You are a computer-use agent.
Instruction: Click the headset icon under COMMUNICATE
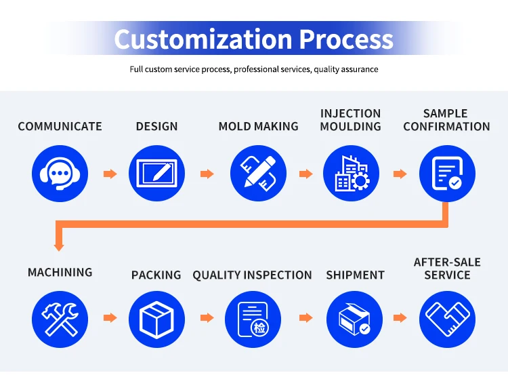pyautogui.click(x=60, y=174)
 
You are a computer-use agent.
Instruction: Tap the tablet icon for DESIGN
pyautogui.click(x=156, y=174)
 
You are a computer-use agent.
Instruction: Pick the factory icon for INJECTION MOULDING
pyautogui.click(x=351, y=174)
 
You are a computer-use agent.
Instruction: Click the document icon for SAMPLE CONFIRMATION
pyautogui.click(x=447, y=174)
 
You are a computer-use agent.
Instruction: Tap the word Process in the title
pyautogui.click(x=346, y=39)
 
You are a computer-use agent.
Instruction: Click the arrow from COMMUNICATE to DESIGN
pyautogui.click(x=110, y=174)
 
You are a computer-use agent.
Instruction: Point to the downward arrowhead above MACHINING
pyautogui.click(x=60, y=243)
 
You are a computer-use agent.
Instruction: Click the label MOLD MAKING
pyautogui.click(x=258, y=127)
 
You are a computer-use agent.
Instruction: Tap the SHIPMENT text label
pyautogui.click(x=355, y=275)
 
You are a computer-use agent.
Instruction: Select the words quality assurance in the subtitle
pyautogui.click(x=345, y=69)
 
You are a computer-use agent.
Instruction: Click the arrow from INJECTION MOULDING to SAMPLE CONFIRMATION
pyautogui.click(x=400, y=174)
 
